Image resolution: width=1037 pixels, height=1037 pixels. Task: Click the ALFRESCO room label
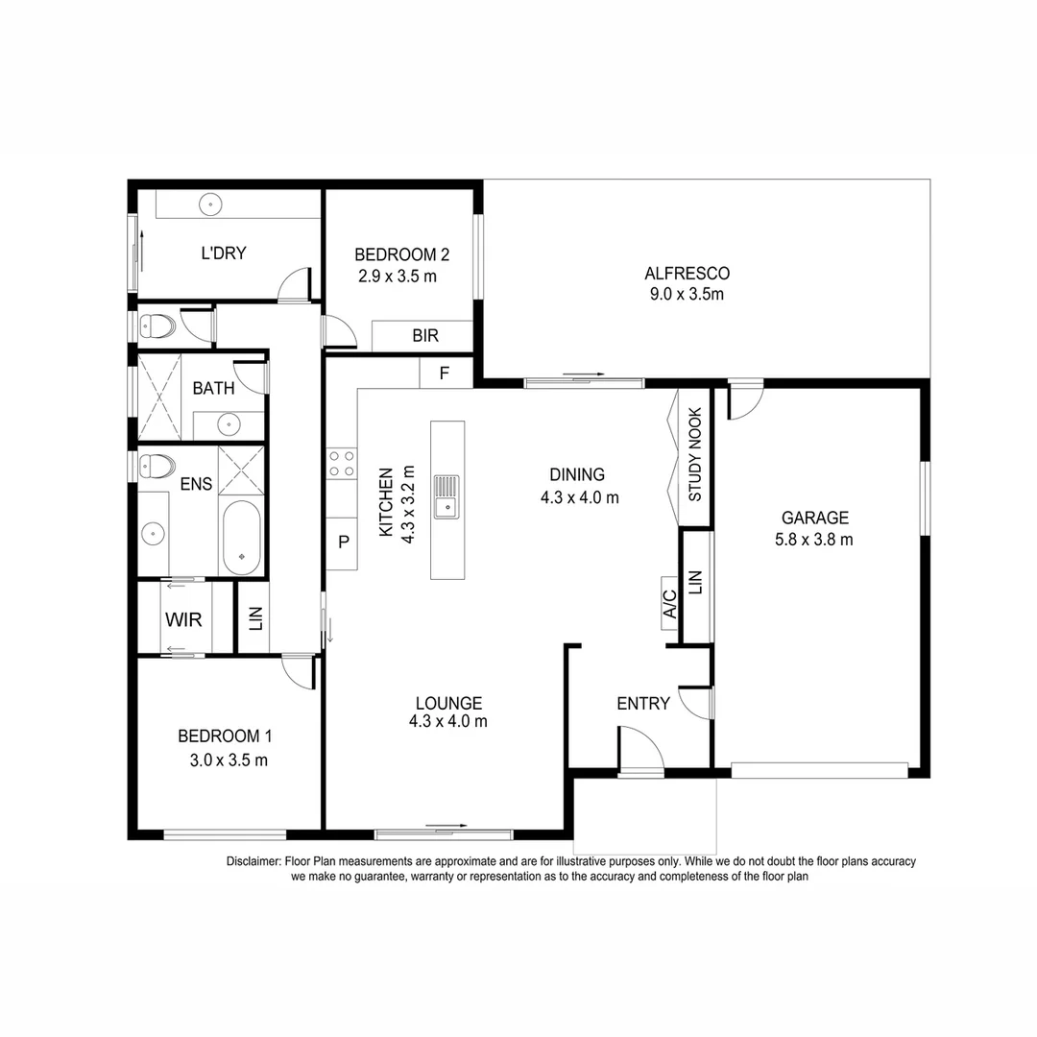pos(687,274)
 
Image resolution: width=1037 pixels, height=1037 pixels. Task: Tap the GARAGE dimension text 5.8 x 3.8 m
pos(814,540)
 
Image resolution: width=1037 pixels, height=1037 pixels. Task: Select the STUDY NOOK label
pos(695,455)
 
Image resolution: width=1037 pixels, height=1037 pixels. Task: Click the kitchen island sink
pos(446,495)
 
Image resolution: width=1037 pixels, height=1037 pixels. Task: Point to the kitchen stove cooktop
pos(341,464)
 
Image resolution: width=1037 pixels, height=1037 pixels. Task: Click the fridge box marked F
pos(445,374)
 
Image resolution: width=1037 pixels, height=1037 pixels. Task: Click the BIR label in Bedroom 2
pos(425,336)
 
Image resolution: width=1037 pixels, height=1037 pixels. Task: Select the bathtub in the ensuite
pos(241,538)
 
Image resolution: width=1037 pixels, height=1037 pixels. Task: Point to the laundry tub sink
pos(211,204)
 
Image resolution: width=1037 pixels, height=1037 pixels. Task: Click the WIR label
pos(183,619)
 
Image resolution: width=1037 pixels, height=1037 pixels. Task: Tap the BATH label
pos(213,389)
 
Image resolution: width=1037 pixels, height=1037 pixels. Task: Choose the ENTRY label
pos(643,704)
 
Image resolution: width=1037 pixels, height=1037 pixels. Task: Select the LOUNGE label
pos(448,703)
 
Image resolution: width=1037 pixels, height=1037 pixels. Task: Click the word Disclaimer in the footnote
pos(253,861)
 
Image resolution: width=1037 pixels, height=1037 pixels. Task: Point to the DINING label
pos(577,474)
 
